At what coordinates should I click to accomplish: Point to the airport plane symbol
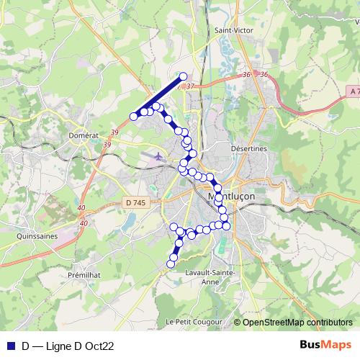click(158, 154)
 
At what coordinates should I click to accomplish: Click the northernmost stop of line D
click(183, 76)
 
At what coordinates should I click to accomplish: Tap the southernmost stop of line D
click(171, 264)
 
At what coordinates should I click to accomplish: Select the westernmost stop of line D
click(133, 117)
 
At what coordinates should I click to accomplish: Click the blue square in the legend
click(10, 346)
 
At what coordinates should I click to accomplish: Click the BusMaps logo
click(325, 346)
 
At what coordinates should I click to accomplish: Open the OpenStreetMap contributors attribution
click(297, 323)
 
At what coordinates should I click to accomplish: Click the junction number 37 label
click(190, 86)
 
